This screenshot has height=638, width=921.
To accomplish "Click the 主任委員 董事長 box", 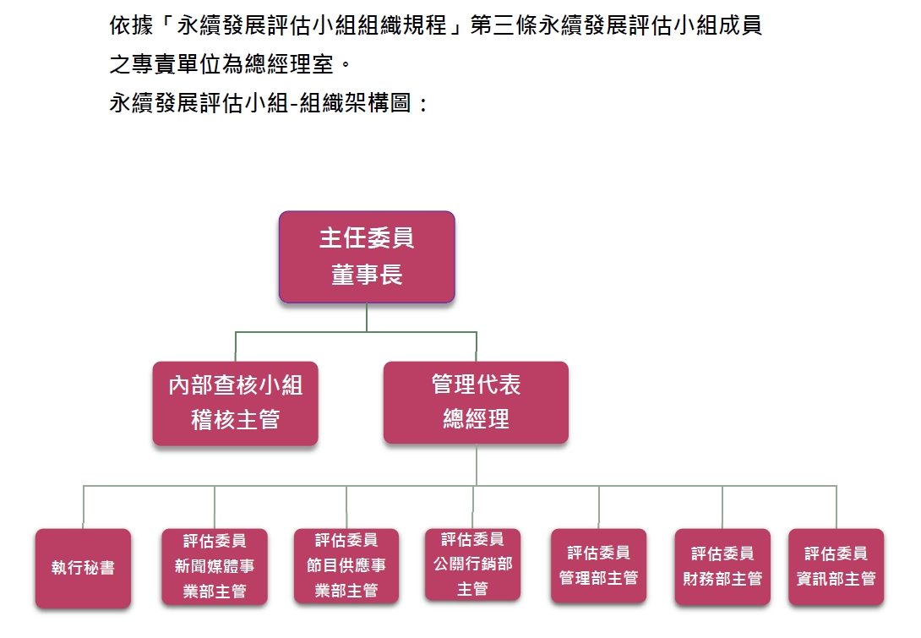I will [367, 257].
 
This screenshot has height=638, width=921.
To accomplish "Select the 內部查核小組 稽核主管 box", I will [235, 403].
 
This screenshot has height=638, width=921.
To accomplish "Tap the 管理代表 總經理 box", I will [476, 402].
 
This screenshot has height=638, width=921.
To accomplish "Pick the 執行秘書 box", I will [83, 568].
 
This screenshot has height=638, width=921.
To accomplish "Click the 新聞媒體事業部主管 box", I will [215, 566].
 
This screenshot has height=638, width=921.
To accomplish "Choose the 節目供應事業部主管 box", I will [346, 565].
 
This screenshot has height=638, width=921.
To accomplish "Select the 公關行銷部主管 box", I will [472, 564].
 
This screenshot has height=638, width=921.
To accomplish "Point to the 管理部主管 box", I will [598, 565].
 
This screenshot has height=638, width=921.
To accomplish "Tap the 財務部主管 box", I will [722, 566].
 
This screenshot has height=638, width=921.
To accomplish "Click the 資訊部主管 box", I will [836, 566].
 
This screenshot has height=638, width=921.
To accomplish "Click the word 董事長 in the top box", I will [367, 275].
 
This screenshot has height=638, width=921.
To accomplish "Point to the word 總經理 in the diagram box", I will [476, 419].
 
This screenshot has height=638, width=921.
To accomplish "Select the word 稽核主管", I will [235, 420].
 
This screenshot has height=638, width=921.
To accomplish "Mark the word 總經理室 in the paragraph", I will [285, 64].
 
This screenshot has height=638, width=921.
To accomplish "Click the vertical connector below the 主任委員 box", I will [367, 317].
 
